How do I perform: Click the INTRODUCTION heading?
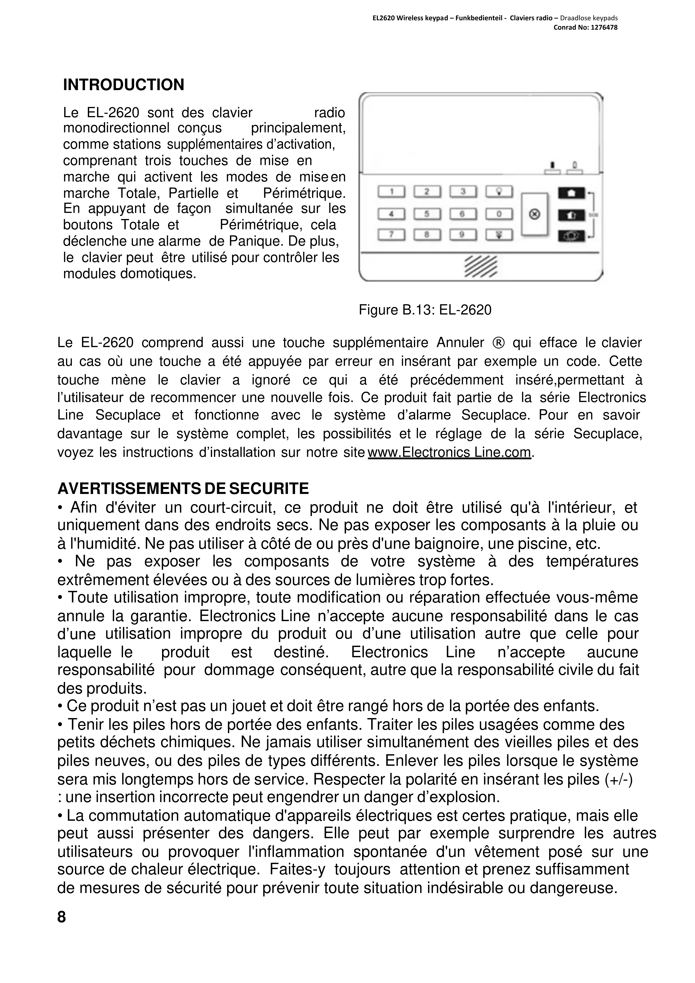click(x=123, y=85)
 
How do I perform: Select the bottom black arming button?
click(x=571, y=236)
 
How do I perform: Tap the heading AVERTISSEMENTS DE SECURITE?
click(x=183, y=488)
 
